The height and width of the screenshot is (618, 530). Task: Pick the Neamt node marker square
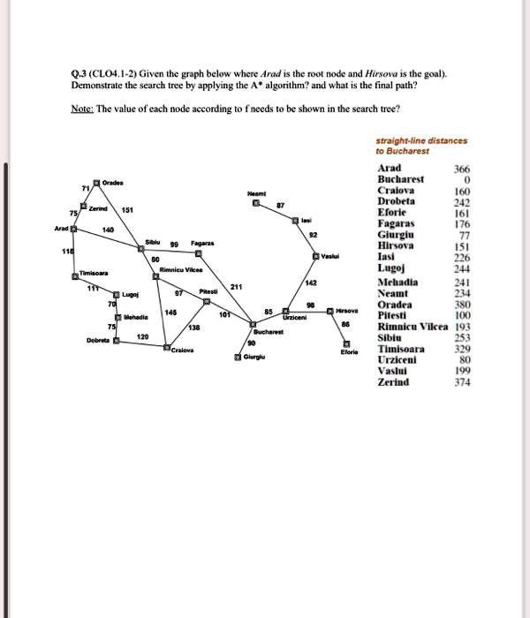coord(256,203)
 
